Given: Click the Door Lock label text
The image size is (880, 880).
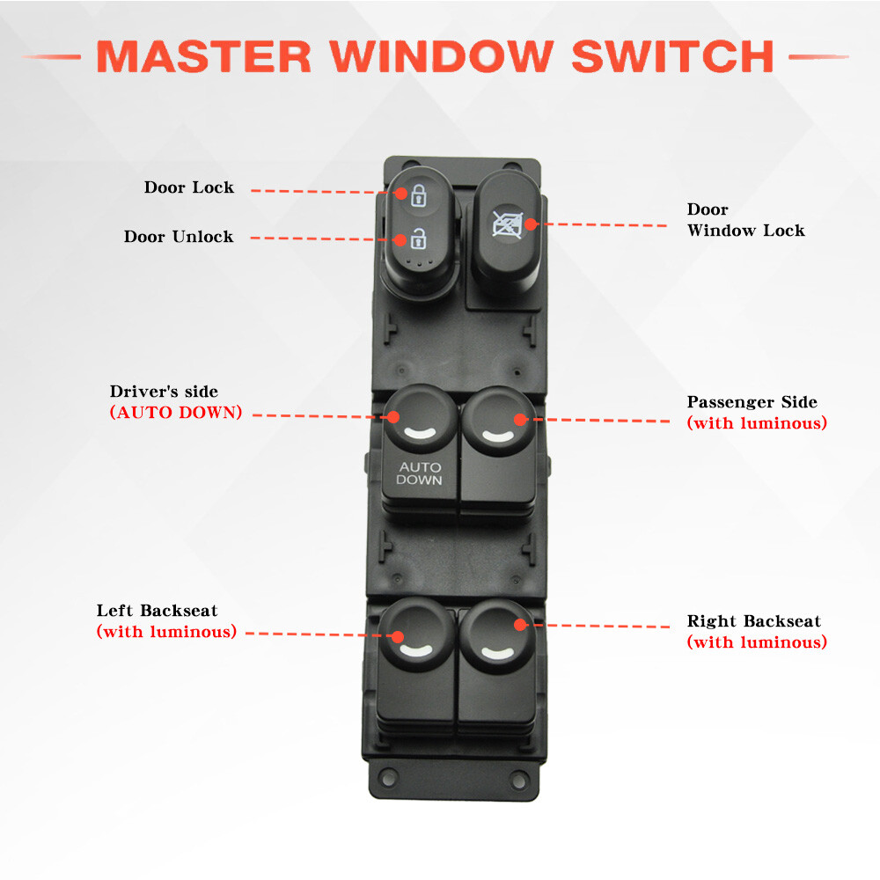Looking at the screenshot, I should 189,187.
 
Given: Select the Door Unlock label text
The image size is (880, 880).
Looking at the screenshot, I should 179,237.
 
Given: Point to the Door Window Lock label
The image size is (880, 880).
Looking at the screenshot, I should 745,220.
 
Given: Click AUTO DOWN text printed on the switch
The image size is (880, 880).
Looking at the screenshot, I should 419,473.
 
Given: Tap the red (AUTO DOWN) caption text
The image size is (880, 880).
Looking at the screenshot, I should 175,413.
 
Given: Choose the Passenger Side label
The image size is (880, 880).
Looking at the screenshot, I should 752,402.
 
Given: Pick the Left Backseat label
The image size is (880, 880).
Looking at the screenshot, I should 157,611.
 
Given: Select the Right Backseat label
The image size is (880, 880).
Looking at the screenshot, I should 753,621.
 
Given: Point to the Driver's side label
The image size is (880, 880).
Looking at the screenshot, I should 164,392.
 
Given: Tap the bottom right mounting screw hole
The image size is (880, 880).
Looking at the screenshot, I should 519,780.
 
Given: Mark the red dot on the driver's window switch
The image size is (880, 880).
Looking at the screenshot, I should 394,417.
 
